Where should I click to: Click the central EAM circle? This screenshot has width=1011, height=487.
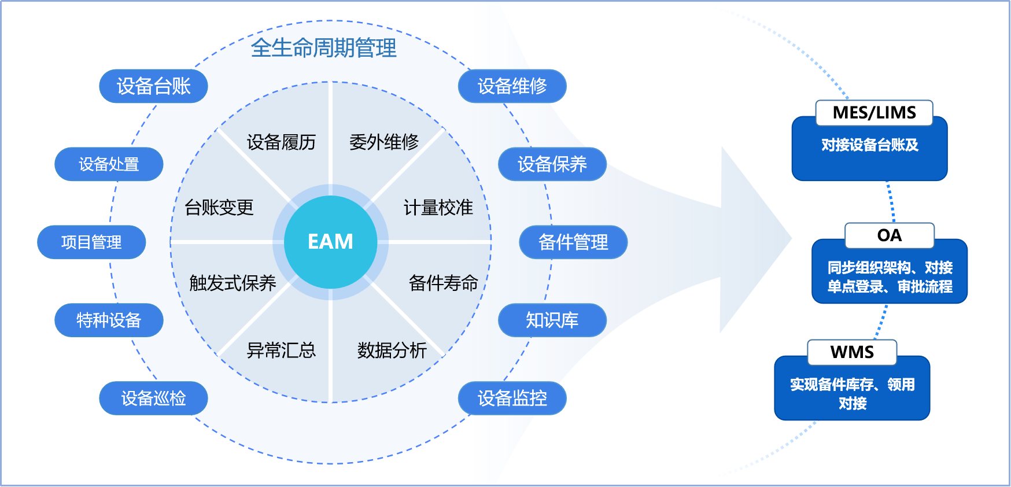point(330,242)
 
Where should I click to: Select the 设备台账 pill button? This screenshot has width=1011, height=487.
point(153,86)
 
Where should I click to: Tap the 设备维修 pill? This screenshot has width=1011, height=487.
point(512,86)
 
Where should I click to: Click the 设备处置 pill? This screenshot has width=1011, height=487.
point(109,164)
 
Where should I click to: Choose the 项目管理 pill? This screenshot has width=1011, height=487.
point(91,242)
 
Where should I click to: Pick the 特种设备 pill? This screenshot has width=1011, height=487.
point(109,320)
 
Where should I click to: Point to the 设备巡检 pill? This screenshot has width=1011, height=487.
point(153,398)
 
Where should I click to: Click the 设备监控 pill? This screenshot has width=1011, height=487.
point(512,398)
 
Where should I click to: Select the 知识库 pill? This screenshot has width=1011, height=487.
point(552,320)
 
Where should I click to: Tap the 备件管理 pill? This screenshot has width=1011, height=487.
point(573,242)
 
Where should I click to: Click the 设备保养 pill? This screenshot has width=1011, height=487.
point(552,164)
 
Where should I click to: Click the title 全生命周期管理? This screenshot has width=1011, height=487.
point(323,47)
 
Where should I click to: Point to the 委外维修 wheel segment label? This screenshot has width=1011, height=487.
point(383,142)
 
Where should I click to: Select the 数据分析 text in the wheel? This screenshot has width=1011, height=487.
point(392,350)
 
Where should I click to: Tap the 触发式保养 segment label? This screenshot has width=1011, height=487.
point(233,283)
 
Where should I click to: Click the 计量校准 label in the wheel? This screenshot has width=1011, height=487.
point(438,207)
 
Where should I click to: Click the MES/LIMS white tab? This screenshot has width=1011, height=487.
point(874,113)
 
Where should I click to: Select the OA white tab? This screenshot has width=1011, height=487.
point(889,235)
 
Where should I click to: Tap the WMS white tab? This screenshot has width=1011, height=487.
point(851,352)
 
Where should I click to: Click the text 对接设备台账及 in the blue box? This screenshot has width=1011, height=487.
point(869,145)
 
